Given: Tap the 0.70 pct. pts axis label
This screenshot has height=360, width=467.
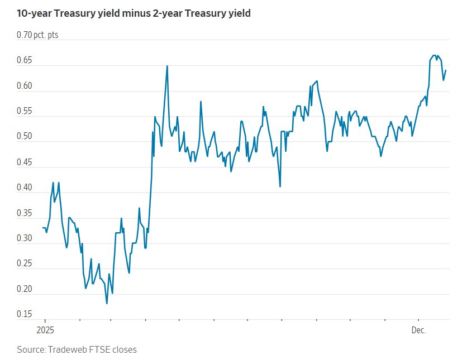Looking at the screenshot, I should [x=37, y=35].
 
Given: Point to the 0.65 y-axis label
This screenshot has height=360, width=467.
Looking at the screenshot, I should [x=25, y=61].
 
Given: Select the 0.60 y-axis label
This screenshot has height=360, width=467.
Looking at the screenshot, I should [x=25, y=87].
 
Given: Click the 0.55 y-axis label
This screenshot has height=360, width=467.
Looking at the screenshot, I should [x=25, y=112].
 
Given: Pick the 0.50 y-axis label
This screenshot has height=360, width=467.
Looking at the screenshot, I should [x=25, y=137].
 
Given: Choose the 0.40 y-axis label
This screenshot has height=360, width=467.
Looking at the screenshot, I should [x=25, y=188].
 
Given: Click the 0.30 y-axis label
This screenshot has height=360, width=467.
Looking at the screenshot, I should [x=25, y=239].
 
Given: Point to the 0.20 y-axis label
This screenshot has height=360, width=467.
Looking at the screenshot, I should [x=25, y=290].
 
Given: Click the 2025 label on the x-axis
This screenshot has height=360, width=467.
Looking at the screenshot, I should [x=45, y=330].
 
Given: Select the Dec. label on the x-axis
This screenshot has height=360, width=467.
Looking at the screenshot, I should [x=419, y=330].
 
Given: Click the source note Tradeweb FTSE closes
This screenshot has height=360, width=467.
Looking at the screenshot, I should [x=77, y=349].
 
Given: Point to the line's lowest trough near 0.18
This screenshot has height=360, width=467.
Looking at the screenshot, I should [x=107, y=303].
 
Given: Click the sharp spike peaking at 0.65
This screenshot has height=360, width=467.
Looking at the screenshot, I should [x=167, y=66].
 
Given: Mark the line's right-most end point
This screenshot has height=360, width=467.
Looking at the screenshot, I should [x=446, y=70].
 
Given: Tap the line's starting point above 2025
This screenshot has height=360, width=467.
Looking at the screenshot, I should [x=42, y=228].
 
